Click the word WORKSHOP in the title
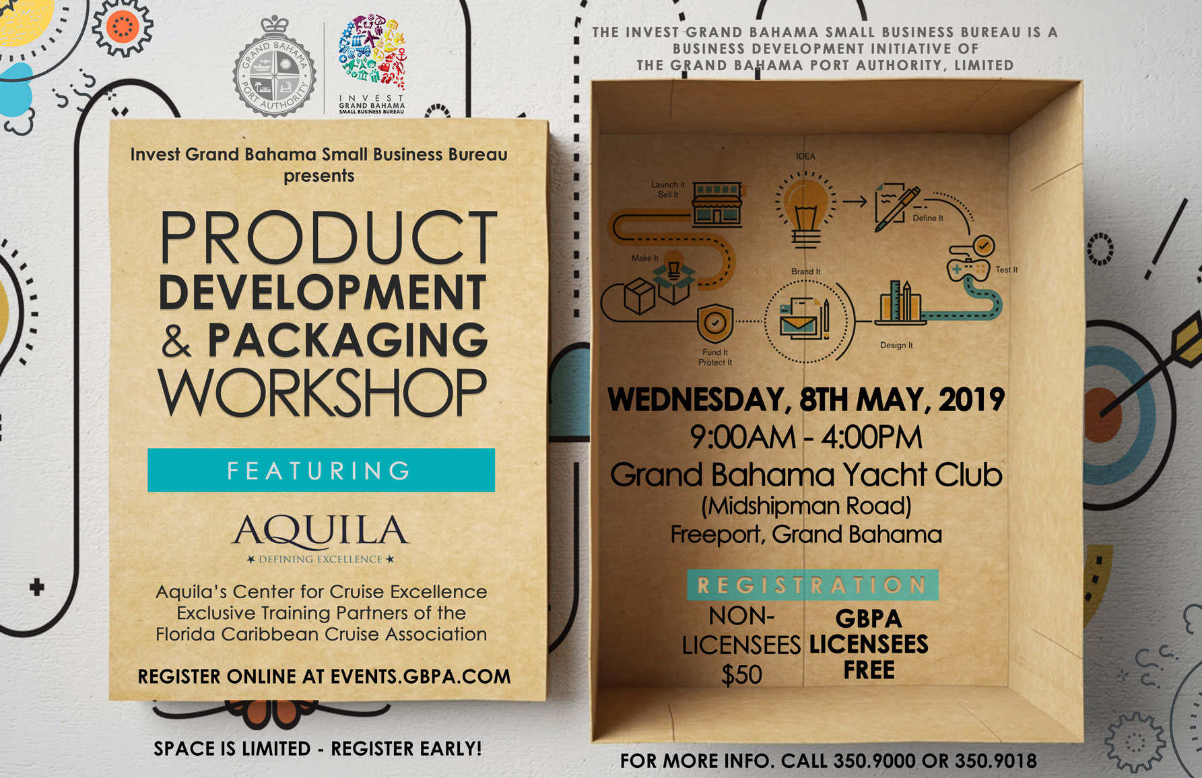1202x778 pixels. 323,393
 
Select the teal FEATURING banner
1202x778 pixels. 321,470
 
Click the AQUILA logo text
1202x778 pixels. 321,531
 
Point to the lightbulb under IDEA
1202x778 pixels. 805,206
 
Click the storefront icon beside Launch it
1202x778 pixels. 717,203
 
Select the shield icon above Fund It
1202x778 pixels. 715,323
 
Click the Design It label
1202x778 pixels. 896,346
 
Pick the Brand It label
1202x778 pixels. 805,271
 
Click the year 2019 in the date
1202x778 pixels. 972,400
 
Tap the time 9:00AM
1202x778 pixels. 742,438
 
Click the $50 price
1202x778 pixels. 741,674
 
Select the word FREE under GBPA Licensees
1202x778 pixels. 869,670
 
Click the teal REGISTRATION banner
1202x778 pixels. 812,585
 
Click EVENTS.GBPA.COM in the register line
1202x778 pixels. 420,677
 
